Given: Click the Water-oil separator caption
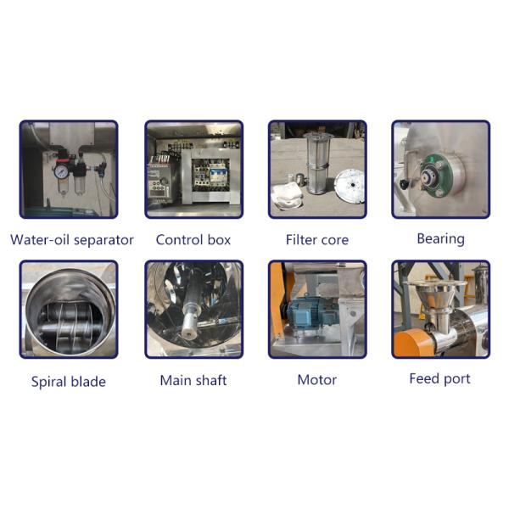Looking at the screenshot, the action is (72, 240).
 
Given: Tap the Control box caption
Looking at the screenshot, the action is (193, 240).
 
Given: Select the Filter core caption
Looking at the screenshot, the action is (317, 240).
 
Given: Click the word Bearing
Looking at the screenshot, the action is (440, 239).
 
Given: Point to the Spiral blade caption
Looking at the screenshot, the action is (69, 382).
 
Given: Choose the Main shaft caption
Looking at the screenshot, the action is (193, 380).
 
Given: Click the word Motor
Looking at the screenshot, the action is (317, 380).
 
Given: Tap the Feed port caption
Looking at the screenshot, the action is (439, 379).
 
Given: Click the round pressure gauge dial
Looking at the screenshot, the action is (61, 171).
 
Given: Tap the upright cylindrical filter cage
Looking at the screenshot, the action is (318, 163).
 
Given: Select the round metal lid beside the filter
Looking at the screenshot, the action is (350, 186).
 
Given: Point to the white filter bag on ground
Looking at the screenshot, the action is (288, 198).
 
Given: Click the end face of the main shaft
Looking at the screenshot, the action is (188, 333).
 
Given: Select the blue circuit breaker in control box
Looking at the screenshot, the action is (215, 174).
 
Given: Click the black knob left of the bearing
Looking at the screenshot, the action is (404, 184).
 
